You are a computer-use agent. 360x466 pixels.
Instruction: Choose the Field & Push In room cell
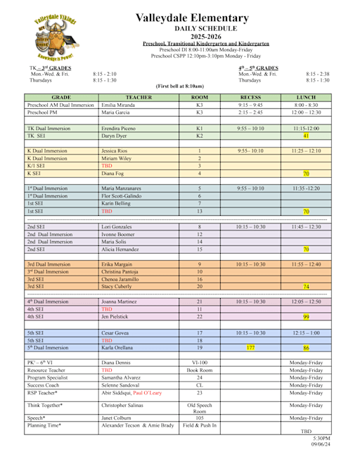click(x=200, y=426)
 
